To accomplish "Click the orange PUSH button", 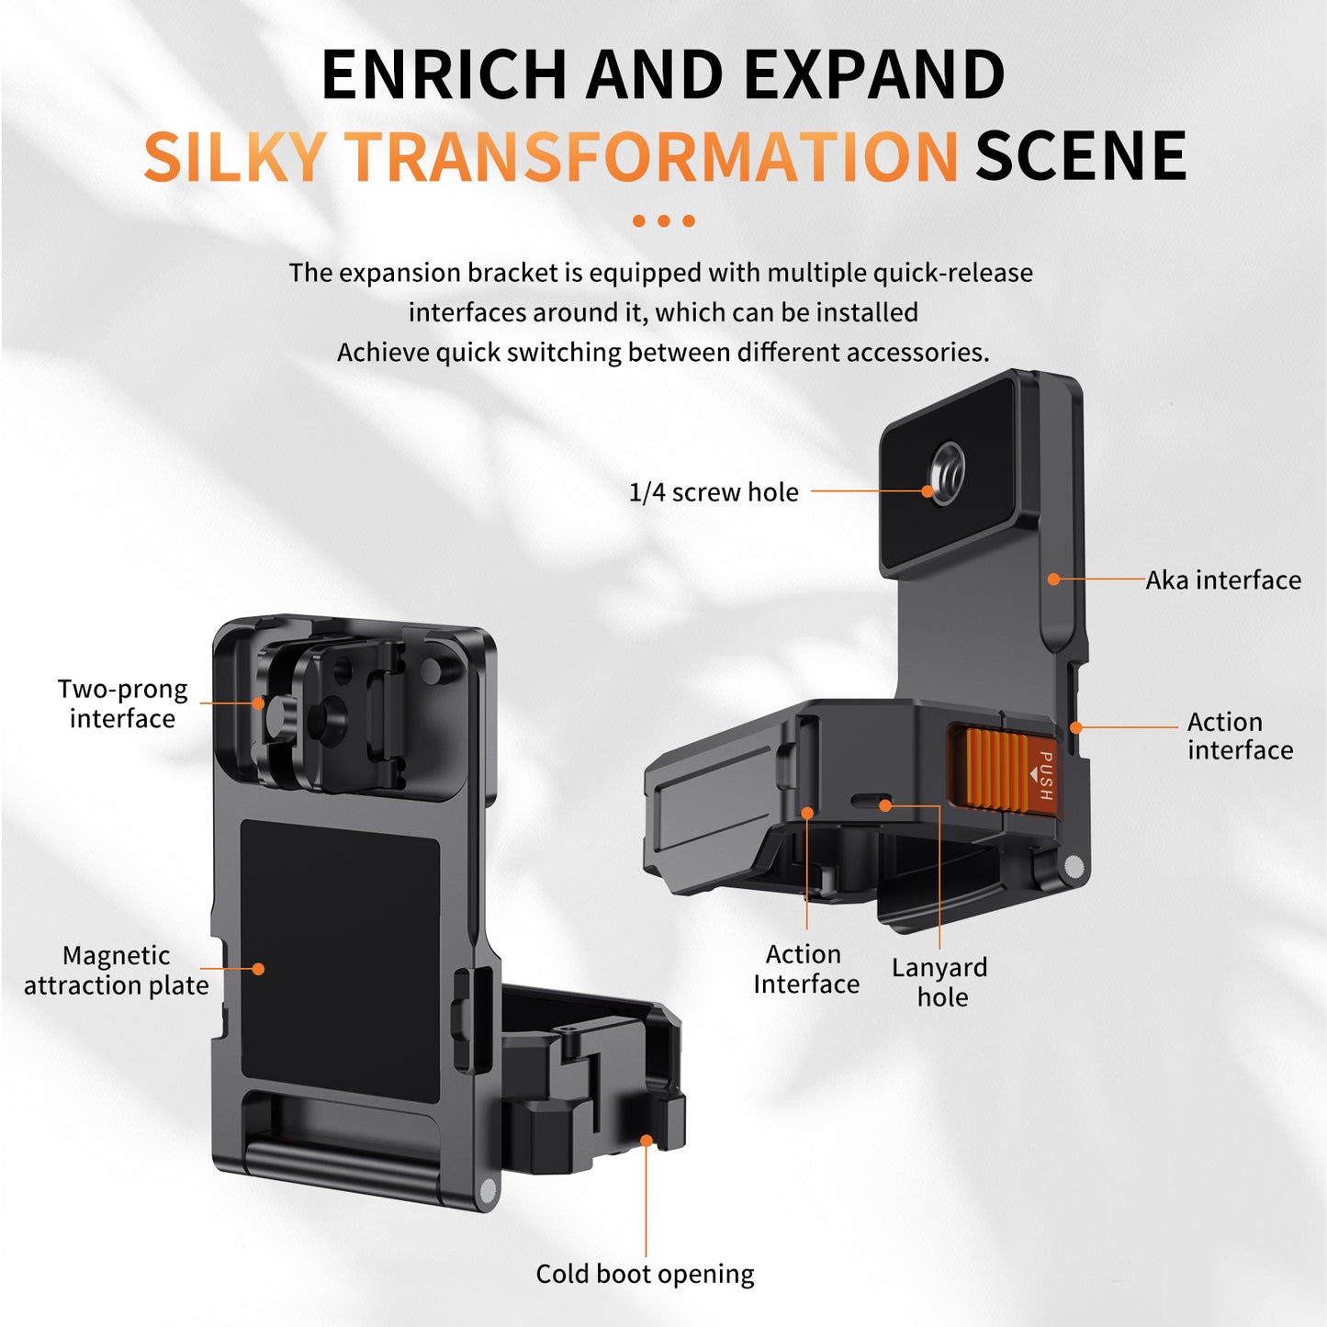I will (x=1003, y=770).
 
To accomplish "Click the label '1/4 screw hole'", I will (x=713, y=492).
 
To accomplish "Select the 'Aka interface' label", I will (x=1222, y=580).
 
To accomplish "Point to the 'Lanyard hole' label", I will (x=939, y=982).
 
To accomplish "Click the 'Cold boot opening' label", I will (x=645, y=1274).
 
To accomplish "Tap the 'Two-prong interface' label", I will (x=122, y=703).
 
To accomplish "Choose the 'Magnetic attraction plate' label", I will (x=116, y=970).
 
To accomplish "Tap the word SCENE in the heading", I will (x=1080, y=156).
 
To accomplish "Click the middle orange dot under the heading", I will (x=663, y=220).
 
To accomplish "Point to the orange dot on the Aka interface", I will (x=1053, y=579).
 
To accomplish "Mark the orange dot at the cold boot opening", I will (x=647, y=1141).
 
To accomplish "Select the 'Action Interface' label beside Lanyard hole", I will (x=805, y=969).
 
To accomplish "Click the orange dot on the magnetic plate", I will (x=258, y=969).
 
